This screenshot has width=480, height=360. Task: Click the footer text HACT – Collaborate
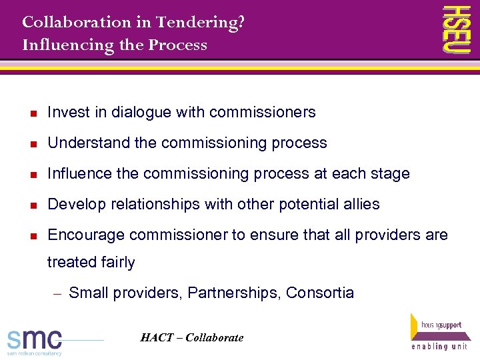tap(192, 337)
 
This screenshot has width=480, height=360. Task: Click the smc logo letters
tap(34, 339)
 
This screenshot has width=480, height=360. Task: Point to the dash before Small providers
tap(58, 293)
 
